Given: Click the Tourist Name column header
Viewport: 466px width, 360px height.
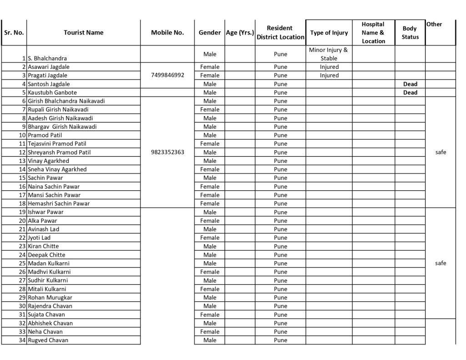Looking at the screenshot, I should pos(83,33).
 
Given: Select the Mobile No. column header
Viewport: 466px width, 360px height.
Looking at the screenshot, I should pos(167,33).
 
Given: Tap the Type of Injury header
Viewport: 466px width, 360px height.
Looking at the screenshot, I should pos(329,33).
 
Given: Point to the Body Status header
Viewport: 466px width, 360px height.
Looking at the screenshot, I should pos(410,33).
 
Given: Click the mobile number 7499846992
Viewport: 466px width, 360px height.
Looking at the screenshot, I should pos(167,76).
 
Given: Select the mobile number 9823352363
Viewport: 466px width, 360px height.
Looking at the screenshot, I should pos(167,152).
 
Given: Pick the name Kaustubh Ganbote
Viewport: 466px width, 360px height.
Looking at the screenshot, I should pos(52,93).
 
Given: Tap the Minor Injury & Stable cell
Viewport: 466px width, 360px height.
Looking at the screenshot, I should pos(329,54).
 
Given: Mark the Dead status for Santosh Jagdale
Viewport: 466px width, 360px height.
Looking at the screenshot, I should pos(410,84).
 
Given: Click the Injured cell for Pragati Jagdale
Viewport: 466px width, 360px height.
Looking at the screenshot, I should pos(329,76).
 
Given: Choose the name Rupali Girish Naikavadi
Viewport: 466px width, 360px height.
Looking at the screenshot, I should pos(58,110).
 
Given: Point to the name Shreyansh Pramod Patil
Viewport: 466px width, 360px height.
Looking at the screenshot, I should pos(59,152).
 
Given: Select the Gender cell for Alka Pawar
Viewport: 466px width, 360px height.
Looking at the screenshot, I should pos(210,221).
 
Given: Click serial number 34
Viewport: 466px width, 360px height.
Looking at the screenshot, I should pos(22,340).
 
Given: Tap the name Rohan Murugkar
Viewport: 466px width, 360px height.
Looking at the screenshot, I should pos(50,298).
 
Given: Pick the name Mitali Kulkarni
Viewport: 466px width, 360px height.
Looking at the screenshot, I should pos(47,289).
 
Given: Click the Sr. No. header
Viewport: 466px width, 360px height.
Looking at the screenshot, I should pos(14,33).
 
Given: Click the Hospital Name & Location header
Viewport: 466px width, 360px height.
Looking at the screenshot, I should pos(373,33).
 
